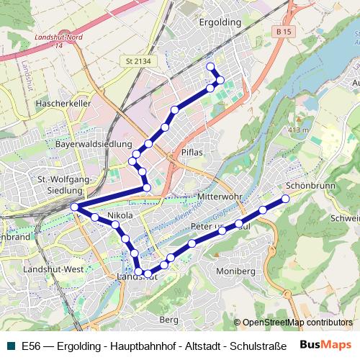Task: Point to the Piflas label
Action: [x=192, y=153]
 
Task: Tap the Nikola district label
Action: [x=120, y=215]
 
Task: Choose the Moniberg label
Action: [x=235, y=271]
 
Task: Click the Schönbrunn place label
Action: [x=315, y=185]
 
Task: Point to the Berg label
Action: [x=168, y=319]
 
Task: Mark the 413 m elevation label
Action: [x=297, y=130]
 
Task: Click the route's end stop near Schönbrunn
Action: [x=285, y=199]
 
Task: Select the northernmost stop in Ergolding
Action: [x=211, y=67]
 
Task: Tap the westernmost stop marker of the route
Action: [x=75, y=207]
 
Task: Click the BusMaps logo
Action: [x=325, y=345]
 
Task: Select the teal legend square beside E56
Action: [x=10, y=346]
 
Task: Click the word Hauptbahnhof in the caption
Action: [x=138, y=346]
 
